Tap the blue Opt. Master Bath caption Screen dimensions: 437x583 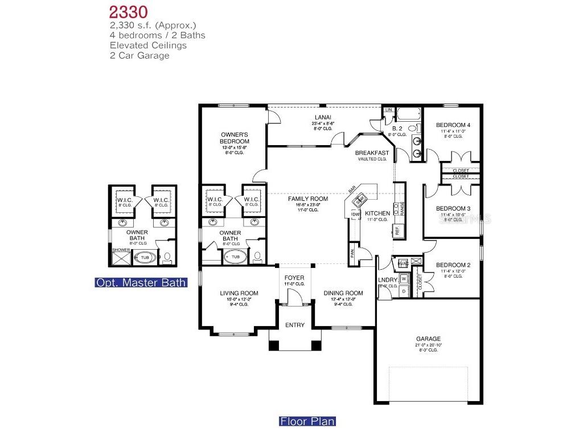(x=141, y=283)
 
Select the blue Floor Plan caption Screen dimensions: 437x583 (x=307, y=422)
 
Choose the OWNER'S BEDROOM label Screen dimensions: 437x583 (x=235, y=138)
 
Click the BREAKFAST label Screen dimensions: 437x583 (x=372, y=153)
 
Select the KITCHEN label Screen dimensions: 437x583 (x=377, y=213)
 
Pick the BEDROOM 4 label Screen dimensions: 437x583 (x=453, y=125)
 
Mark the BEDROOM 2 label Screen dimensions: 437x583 (x=453, y=265)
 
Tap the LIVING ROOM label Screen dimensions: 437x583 (x=235, y=294)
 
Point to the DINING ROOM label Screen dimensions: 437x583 (x=343, y=294)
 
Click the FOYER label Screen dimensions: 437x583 (x=294, y=278)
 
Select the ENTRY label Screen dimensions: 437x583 (x=295, y=325)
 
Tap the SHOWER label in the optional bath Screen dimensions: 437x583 (x=121, y=250)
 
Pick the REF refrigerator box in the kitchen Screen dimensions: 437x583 (x=397, y=230)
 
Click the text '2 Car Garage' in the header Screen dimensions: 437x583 (x=139, y=56)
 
